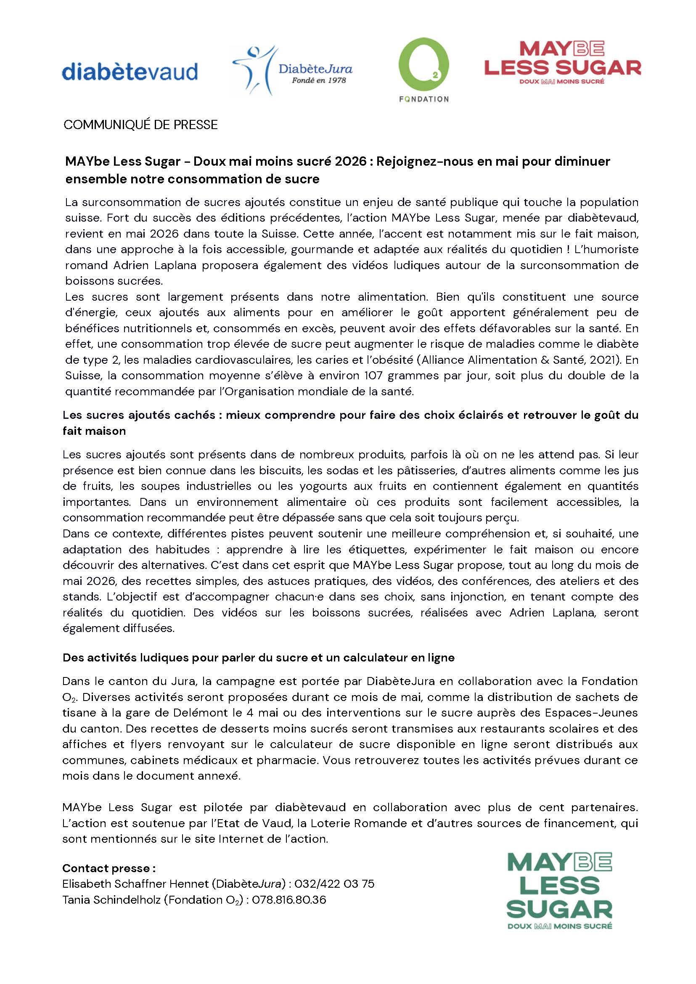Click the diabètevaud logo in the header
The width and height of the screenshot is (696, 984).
click(130, 71)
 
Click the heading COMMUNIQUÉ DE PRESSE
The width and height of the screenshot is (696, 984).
click(140, 125)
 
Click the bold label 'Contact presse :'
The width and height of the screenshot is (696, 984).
click(109, 868)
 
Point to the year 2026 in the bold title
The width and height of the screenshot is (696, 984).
click(349, 161)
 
